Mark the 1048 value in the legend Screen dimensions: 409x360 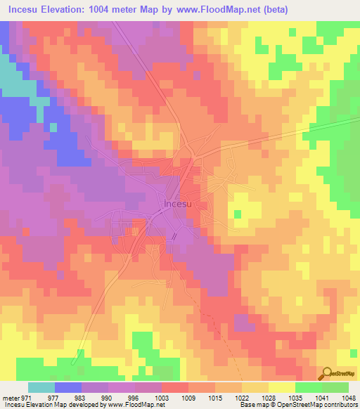[x=348, y=397]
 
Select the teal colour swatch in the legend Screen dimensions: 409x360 [x=41, y=387]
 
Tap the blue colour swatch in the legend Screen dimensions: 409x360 [x=68, y=387]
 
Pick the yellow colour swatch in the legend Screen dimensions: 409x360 [x=281, y=387]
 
